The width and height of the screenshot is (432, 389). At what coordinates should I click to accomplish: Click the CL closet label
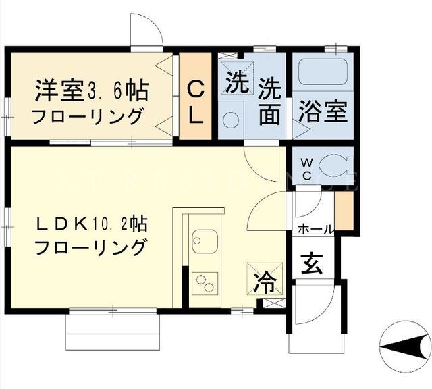[x=196, y=103]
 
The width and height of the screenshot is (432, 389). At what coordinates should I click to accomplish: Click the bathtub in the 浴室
[x=323, y=72]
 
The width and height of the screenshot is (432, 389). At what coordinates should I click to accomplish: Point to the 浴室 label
[x=323, y=111]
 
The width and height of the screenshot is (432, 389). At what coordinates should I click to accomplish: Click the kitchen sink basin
[x=205, y=241]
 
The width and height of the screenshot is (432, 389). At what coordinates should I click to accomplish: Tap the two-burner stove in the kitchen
[x=205, y=284]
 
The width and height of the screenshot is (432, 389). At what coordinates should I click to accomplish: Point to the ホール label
[x=316, y=229]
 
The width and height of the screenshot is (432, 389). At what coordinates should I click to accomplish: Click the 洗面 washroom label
[x=270, y=101]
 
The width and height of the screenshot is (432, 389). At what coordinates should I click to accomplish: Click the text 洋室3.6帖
[x=92, y=90]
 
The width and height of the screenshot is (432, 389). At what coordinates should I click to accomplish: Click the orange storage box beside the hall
[x=344, y=211]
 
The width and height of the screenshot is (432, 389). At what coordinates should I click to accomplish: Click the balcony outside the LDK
[x=113, y=332]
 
